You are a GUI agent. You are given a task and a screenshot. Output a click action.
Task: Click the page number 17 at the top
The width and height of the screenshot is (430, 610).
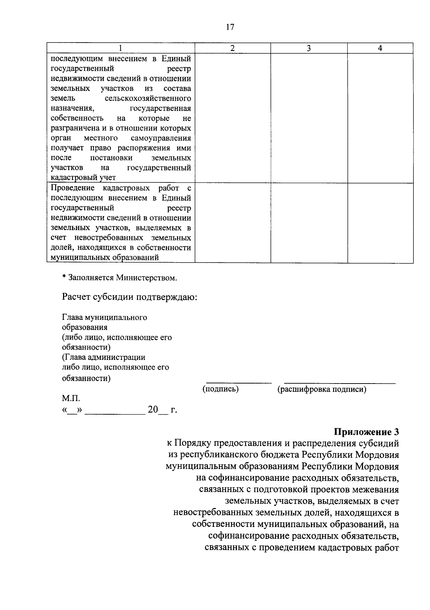(x=230, y=27)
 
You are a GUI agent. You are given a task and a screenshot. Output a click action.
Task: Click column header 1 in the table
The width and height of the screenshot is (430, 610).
(x=121, y=48)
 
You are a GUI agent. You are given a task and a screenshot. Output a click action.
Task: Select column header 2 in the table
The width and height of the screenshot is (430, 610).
(x=233, y=48)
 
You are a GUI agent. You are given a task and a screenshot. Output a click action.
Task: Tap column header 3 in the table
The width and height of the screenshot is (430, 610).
(x=309, y=48)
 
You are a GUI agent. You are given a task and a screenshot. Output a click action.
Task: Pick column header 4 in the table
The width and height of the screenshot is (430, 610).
(x=380, y=48)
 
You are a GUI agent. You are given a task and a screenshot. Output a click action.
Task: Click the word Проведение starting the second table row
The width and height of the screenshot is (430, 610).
(x=73, y=188)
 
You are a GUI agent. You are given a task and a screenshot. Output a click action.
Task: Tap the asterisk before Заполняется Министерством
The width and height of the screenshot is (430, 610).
(x=64, y=278)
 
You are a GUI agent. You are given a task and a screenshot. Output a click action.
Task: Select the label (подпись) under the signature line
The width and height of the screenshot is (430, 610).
(x=221, y=389)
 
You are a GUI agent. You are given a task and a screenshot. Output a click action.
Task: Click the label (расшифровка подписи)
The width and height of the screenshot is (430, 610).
(x=322, y=389)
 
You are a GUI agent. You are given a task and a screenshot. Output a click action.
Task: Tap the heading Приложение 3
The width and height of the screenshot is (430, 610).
(x=367, y=432)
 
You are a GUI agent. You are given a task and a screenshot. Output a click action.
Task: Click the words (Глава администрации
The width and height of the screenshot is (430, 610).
(x=104, y=357)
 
